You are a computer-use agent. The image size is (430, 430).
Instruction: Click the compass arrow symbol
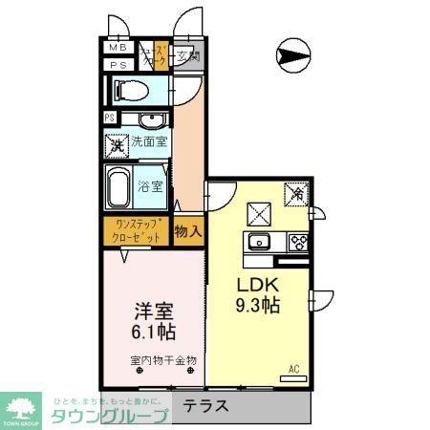pos(291,54)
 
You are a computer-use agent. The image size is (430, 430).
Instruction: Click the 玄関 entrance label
pos(187,56)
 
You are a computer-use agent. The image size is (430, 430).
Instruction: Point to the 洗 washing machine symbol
pos(118,146)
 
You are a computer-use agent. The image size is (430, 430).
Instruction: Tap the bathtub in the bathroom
pos(119,188)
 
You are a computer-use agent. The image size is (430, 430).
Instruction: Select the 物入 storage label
pos(188,230)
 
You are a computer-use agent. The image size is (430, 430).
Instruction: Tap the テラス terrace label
pos(206,405)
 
